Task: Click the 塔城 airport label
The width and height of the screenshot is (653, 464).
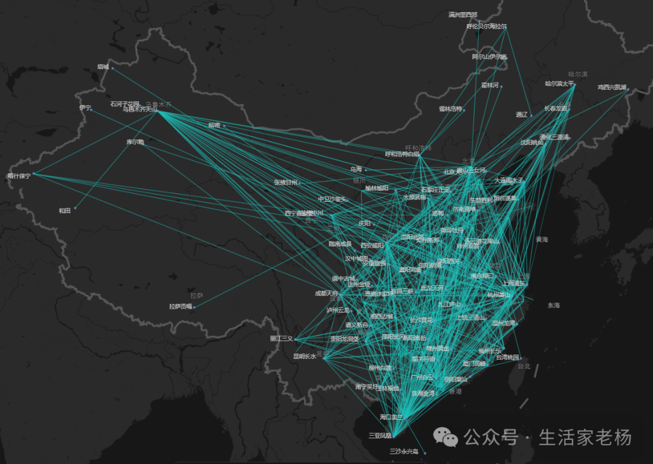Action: pyautogui.click(x=103, y=67)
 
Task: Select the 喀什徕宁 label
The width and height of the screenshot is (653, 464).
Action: pyautogui.click(x=19, y=176)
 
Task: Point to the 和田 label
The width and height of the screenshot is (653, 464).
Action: pyautogui.click(x=65, y=210)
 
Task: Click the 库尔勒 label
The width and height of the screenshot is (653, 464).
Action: pyautogui.click(x=135, y=142)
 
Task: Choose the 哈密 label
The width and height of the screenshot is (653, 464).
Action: pyautogui.click(x=214, y=125)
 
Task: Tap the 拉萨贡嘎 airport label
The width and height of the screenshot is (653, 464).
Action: pyautogui.click(x=180, y=306)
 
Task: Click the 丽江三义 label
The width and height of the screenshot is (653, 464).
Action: pyautogui.click(x=281, y=338)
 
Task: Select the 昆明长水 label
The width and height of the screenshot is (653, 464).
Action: pyautogui.click(x=305, y=356)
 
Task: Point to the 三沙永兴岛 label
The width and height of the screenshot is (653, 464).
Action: pyautogui.click(x=403, y=451)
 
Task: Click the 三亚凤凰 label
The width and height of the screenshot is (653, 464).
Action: pyautogui.click(x=380, y=435)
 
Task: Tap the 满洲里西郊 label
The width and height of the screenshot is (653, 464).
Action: pyautogui.click(x=463, y=14)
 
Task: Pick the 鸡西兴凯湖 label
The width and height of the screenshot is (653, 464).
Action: pyautogui.click(x=612, y=87)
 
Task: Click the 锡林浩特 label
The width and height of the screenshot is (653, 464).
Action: pyautogui.click(x=450, y=109)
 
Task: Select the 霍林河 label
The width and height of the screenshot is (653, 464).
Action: pyautogui.click(x=490, y=85)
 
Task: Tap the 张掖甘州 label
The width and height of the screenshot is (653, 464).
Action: pyautogui.click(x=285, y=181)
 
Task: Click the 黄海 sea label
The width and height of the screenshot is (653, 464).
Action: pyautogui.click(x=541, y=240)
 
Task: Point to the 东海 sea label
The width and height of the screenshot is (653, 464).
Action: pyautogui.click(x=554, y=306)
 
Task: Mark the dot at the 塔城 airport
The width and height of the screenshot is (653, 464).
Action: pyautogui.click(x=112, y=68)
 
